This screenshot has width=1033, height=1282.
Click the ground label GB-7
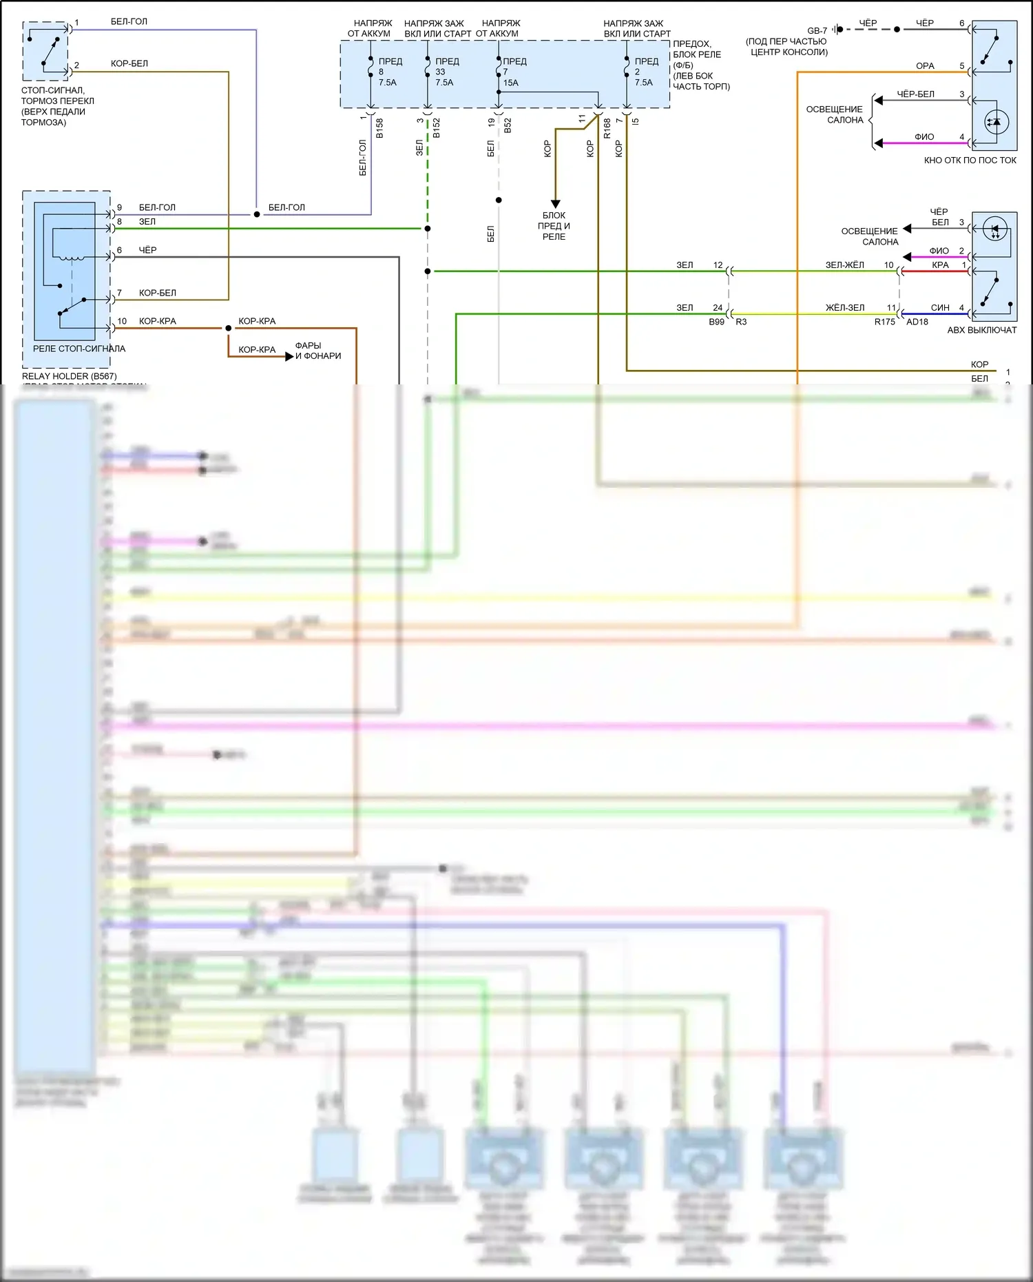[x=817, y=30]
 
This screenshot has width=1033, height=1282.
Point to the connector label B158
[x=379, y=128]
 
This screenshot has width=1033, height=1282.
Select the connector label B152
[x=437, y=128]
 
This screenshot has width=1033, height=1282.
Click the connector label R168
[x=607, y=128]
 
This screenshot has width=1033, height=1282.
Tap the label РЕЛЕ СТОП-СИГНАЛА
[x=79, y=349]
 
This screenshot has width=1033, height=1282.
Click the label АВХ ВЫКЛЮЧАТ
[x=981, y=330]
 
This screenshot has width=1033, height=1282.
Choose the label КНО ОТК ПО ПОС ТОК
[x=970, y=161]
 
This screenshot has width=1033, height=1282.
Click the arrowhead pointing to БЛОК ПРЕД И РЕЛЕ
[x=555, y=204]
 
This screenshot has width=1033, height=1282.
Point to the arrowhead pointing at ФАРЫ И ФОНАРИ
[x=289, y=356]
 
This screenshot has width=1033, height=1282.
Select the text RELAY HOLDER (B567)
[x=70, y=376]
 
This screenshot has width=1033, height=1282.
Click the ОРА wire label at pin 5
[x=925, y=66]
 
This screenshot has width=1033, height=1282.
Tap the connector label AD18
[x=917, y=322]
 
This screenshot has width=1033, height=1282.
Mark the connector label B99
[x=716, y=322]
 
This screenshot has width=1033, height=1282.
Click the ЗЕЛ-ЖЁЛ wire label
[x=844, y=265]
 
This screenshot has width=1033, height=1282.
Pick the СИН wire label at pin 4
[x=939, y=307]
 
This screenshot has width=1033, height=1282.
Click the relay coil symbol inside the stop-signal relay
[x=71, y=258]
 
